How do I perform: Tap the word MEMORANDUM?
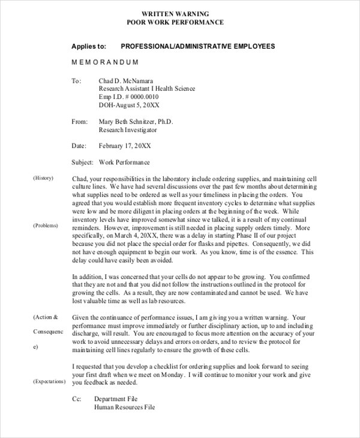click(105, 62)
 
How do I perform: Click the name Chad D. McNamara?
click(127, 80)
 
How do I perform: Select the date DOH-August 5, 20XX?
click(128, 105)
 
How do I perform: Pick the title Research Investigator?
click(127, 130)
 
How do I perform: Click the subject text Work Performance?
click(124, 162)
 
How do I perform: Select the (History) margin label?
click(43, 178)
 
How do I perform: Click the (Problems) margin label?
click(46, 226)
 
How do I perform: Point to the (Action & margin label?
click(46, 316)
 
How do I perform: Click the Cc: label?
click(76, 398)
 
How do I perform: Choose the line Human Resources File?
click(124, 407)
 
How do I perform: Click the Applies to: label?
click(89, 46)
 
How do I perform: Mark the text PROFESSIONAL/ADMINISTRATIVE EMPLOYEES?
click(198, 46)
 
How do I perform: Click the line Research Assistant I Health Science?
click(146, 88)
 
